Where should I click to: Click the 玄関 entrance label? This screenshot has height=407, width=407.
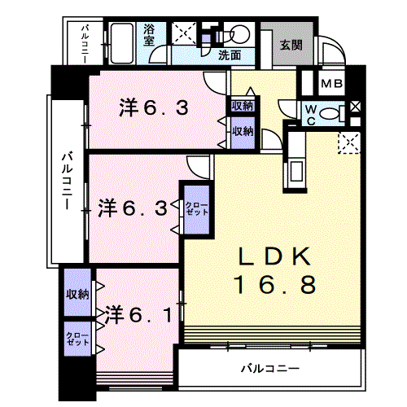(291, 45)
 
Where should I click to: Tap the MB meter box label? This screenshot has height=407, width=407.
(331, 84)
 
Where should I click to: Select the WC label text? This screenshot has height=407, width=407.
(311, 115)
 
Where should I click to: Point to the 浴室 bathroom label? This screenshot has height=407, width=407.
(149, 34)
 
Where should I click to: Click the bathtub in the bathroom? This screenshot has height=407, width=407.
(122, 43)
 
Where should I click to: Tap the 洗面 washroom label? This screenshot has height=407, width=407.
(230, 55)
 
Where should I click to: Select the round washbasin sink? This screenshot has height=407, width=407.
(240, 34)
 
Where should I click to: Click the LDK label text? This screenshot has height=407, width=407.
(274, 256)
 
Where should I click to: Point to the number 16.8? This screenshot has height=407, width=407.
(274, 284)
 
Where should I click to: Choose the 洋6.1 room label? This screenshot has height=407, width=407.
(138, 315)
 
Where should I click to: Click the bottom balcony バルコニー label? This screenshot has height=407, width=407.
(270, 369)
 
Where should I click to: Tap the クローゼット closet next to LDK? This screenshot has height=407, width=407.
(197, 209)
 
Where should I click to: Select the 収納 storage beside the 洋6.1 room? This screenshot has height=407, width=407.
(77, 292)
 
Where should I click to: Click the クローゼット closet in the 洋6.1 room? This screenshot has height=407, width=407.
(77, 339)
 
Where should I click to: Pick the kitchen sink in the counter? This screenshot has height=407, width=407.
(296, 171)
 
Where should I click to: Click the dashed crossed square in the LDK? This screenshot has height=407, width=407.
(349, 142)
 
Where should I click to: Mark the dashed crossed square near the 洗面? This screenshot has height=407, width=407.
(184, 33)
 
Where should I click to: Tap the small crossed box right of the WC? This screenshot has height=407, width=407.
(355, 107)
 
